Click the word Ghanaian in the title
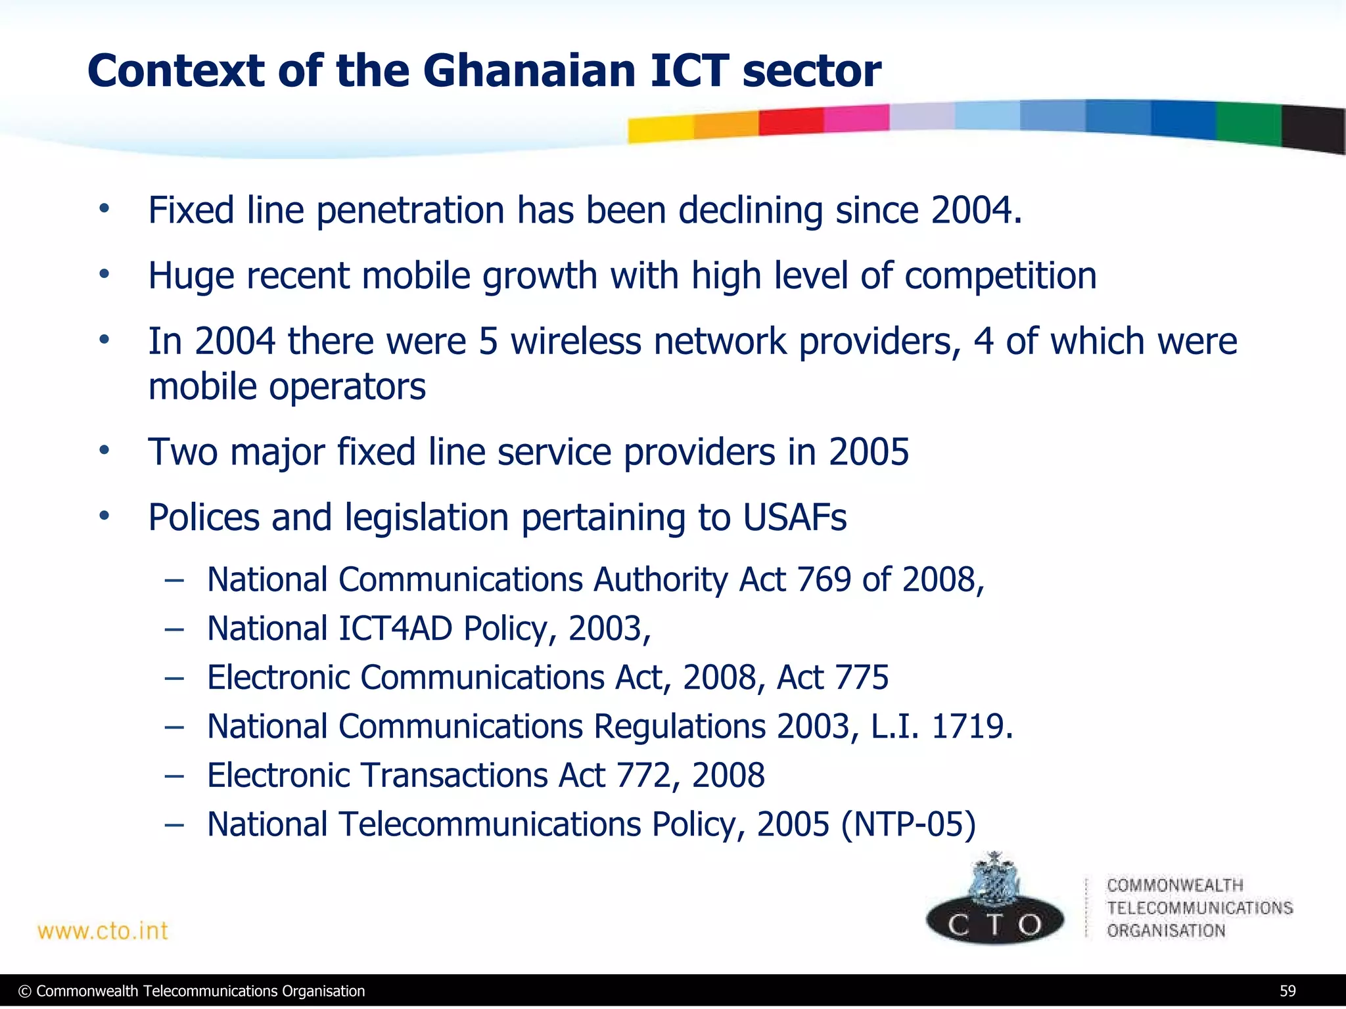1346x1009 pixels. [x=529, y=70]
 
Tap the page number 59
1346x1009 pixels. [x=1288, y=991]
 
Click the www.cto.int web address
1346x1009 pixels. [x=103, y=931]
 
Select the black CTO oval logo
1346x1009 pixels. [x=994, y=923]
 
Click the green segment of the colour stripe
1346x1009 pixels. [x=1247, y=123]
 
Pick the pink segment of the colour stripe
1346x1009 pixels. [x=856, y=119]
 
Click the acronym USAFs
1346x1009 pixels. [x=795, y=517]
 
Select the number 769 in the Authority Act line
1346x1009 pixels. [x=824, y=579]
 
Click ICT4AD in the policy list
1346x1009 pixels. [x=395, y=629]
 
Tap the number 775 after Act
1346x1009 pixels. [x=861, y=677]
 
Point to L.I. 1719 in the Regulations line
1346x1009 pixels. [x=941, y=727]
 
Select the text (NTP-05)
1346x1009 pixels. [x=908, y=824]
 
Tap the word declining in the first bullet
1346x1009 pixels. [x=750, y=210]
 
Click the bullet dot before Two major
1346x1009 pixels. [x=104, y=451]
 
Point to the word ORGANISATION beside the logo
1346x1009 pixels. [x=1166, y=931]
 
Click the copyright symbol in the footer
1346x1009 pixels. [x=25, y=991]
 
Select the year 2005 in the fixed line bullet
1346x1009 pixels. [x=868, y=452]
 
